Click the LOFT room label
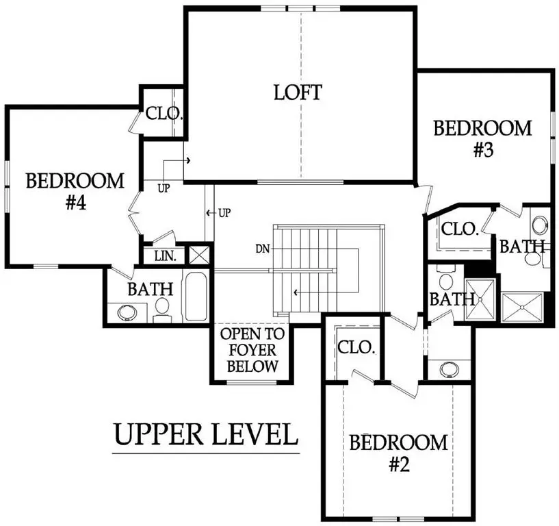[298, 92]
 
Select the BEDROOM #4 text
[75, 192]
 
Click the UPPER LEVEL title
[205, 434]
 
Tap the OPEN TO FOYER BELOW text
[252, 351]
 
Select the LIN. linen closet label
[165, 256]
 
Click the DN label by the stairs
[262, 247]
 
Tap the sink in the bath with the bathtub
[128, 312]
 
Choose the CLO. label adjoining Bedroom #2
[357, 347]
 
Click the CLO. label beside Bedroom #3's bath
[459, 229]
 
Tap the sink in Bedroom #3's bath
[540, 225]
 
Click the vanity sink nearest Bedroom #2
[449, 368]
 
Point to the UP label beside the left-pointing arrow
[224, 213]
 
